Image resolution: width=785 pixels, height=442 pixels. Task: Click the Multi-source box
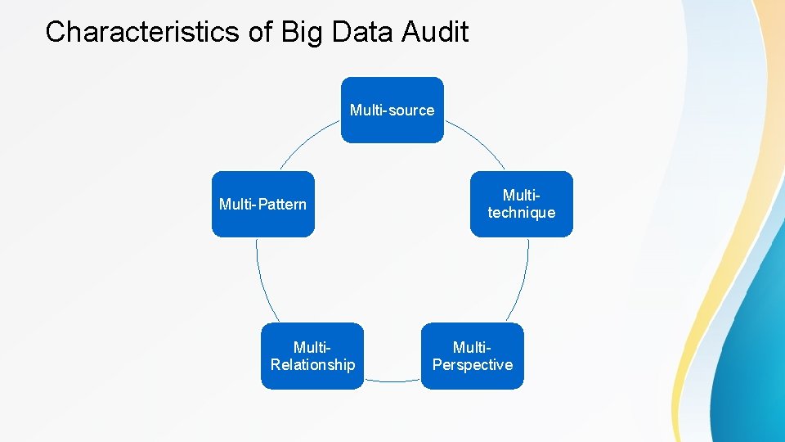pyautogui.click(x=392, y=110)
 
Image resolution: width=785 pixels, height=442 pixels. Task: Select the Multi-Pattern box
pyautogui.click(x=262, y=204)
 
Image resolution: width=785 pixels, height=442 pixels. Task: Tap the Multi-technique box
pyautogui.click(x=521, y=204)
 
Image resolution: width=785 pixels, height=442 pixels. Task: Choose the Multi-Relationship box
pyautogui.click(x=312, y=356)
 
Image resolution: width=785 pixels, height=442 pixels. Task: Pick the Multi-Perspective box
pyautogui.click(x=472, y=356)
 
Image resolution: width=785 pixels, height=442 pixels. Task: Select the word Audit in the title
pyautogui.click(x=436, y=32)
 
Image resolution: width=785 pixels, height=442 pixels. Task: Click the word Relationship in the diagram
pyautogui.click(x=312, y=365)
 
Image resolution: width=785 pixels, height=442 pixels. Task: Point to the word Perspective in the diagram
pyautogui.click(x=472, y=365)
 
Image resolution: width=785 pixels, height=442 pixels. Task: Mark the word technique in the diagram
pyautogui.click(x=521, y=213)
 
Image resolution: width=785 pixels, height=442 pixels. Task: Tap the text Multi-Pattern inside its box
pyautogui.click(x=262, y=204)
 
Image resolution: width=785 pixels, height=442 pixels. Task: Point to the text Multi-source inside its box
pyautogui.click(x=392, y=110)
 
